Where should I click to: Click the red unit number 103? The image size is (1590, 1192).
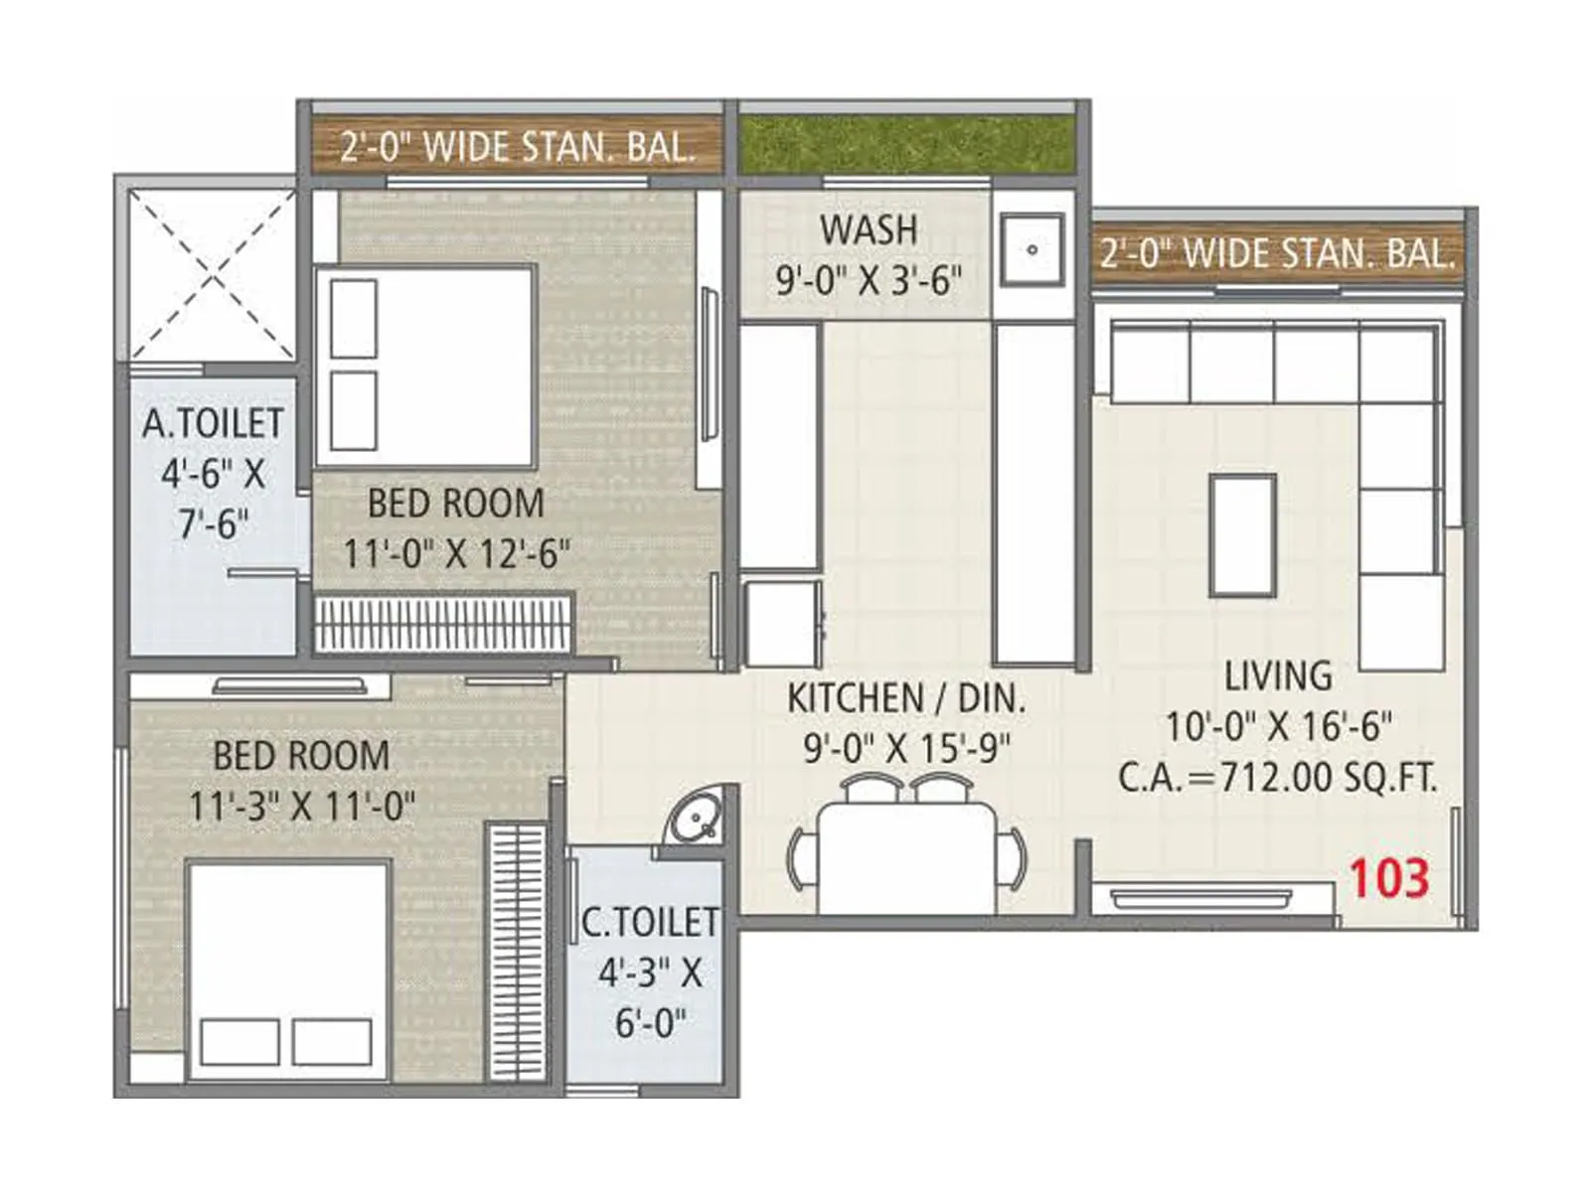[x=1388, y=878]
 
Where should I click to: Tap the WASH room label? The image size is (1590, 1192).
[x=869, y=230]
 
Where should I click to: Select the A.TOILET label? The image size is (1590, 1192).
[x=213, y=424]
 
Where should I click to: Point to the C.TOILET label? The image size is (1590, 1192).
[x=650, y=922]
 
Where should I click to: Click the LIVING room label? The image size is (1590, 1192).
[x=1278, y=676]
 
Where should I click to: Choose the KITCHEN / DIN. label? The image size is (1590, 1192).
[x=905, y=698]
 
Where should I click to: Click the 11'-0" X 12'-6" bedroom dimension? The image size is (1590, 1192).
[x=456, y=553]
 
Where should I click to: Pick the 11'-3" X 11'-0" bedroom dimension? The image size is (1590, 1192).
[x=302, y=806]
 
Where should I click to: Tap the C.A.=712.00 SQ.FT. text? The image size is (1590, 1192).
[x=1278, y=777]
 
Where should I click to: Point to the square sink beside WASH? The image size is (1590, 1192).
[x=1033, y=249]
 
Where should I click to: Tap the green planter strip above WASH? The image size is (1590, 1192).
[x=906, y=145]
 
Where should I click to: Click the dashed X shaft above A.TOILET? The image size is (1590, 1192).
[x=213, y=274]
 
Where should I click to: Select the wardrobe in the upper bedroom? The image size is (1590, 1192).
[x=443, y=624]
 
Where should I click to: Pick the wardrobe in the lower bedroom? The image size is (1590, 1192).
[x=517, y=952]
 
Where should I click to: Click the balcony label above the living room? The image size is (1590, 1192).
[x=1278, y=254]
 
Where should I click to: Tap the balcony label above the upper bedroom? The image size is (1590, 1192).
[x=516, y=147]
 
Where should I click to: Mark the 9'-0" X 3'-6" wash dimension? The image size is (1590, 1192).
[x=869, y=281]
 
